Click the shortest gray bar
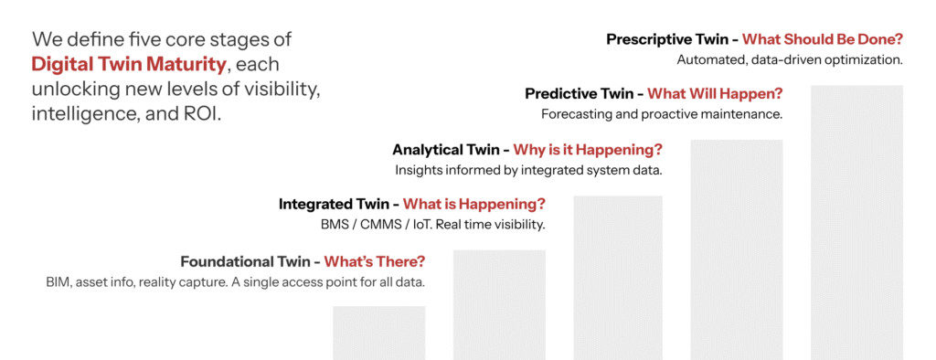pos(379,333)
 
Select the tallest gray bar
pos(856,223)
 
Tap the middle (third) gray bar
pos(618,278)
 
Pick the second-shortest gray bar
pos(499,304)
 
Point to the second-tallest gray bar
pos(737,249)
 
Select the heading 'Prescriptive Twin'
pos(672,39)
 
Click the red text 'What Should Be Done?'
pos(823,39)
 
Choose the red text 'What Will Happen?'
pos(715,94)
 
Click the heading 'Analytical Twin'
pos(450,149)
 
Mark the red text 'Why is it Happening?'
pos(588,149)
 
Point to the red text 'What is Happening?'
pos(474,204)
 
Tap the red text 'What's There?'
pos(374,261)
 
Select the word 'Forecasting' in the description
pos(570,114)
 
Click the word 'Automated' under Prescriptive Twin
pos(704,59)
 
